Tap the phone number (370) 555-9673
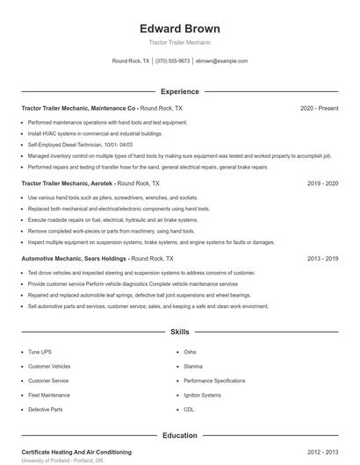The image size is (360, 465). [172, 61]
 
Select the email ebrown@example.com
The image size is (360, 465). [222, 61]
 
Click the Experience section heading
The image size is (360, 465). [180, 91]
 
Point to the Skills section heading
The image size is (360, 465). [180, 333]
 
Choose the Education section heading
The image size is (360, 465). [180, 435]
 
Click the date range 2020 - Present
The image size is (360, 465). [319, 108]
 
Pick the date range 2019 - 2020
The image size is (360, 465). [323, 184]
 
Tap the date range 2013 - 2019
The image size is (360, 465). [323, 259]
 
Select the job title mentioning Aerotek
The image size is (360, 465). [90, 184]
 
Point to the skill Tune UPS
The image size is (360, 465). [40, 352]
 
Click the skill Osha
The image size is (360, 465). [190, 352]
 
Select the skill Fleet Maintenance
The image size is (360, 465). [48, 395]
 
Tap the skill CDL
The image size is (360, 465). [189, 409]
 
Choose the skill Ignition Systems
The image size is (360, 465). [202, 395]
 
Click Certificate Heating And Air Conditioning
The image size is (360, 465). [76, 452]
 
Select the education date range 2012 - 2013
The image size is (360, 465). [323, 452]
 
